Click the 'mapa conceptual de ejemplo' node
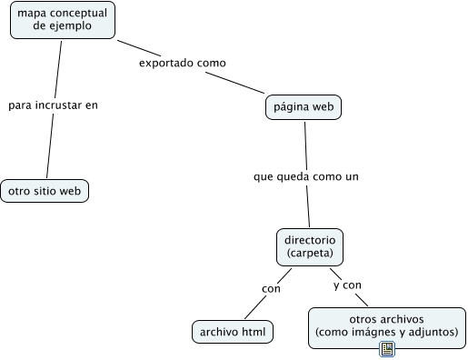[62, 19]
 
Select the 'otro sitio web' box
[45, 191]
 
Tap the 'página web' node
[304, 107]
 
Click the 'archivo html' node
[234, 332]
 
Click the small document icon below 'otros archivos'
[386, 349]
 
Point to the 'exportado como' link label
[182, 63]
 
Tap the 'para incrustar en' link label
[53, 105]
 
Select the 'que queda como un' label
[306, 176]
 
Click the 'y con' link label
[347, 285]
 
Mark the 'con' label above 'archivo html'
[271, 289]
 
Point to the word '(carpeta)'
[309, 252]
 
